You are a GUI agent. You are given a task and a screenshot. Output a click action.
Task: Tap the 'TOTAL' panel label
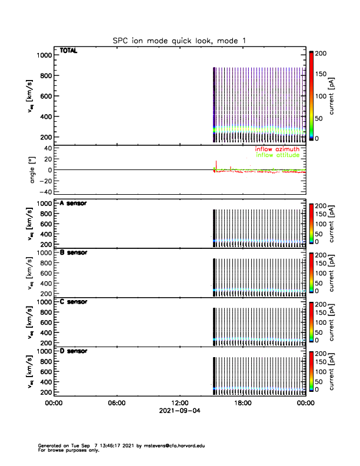coord(68,51)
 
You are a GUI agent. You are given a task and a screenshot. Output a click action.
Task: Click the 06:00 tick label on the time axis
coord(117,404)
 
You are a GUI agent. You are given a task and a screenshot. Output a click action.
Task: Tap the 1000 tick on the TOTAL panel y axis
coord(45,55)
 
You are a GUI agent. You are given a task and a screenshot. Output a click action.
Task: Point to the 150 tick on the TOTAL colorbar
coord(321,74)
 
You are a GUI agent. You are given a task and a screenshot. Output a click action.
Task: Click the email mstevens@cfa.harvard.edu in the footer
coord(176,445)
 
